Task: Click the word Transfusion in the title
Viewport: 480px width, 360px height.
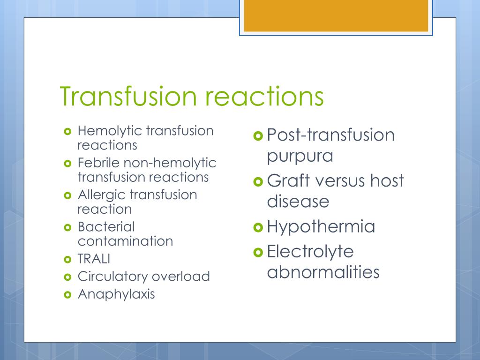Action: [x=128, y=96]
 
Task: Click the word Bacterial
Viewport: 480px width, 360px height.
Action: [x=106, y=227]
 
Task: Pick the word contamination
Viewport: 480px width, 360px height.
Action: [x=125, y=241]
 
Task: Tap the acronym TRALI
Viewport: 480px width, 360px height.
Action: [x=94, y=259]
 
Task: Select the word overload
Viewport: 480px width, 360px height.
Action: [x=181, y=277]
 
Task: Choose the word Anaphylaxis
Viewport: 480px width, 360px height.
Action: [x=116, y=294]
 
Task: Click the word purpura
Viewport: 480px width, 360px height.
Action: [x=300, y=156]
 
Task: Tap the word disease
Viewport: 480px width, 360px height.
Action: [x=298, y=202]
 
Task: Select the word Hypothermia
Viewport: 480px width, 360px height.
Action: [x=321, y=227]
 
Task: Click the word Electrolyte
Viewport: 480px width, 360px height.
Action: [x=310, y=252]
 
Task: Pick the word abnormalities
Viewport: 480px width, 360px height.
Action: [x=323, y=272]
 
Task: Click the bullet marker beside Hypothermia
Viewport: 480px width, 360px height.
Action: [x=258, y=227]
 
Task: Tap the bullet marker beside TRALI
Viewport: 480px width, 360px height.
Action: [x=67, y=260]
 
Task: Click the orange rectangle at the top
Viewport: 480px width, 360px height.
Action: [x=336, y=15]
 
